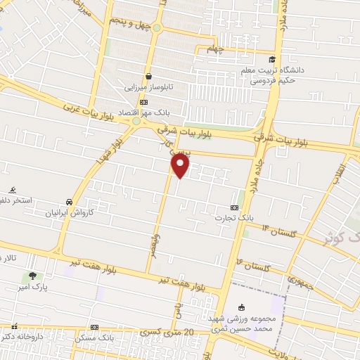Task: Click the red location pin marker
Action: (x=181, y=166)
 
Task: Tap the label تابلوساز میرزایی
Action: (x=148, y=88)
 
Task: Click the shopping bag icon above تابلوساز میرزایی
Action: (x=148, y=77)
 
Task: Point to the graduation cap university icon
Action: (x=272, y=59)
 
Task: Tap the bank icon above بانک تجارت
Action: (x=234, y=207)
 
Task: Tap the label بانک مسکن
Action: (x=96, y=339)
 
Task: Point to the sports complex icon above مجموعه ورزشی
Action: (x=243, y=307)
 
